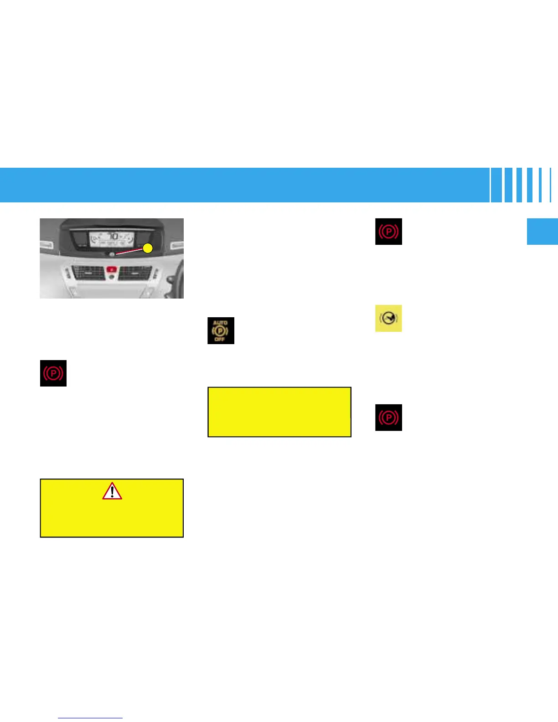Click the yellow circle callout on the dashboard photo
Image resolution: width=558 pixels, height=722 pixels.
[148, 248]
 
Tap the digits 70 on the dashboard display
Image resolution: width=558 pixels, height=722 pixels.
[113, 236]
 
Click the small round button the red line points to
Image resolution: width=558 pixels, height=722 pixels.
[112, 254]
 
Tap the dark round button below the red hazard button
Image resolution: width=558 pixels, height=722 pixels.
[112, 277]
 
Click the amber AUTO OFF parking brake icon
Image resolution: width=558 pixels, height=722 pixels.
[221, 330]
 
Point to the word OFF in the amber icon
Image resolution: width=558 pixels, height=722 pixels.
[220, 339]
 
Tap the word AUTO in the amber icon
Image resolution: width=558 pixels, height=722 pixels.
[220, 323]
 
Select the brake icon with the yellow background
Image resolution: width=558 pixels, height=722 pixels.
[388, 318]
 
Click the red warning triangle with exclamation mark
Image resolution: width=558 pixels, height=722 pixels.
[112, 491]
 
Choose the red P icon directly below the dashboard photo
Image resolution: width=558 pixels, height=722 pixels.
[53, 373]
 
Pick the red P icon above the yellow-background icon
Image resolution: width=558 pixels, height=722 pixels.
[388, 232]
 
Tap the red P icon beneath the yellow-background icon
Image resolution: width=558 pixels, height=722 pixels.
[388, 418]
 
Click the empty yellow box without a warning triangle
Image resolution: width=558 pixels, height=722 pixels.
[279, 412]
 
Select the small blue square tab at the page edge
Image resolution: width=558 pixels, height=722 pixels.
[542, 232]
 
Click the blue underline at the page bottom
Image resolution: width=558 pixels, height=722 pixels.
[90, 718]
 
